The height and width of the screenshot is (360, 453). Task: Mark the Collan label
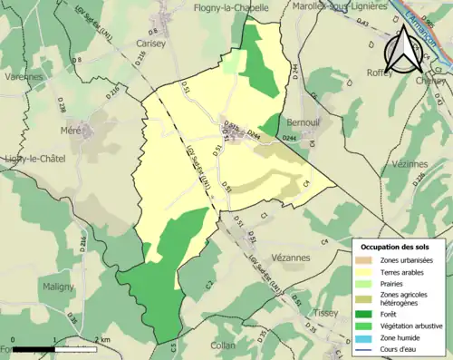(x=222, y=345)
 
